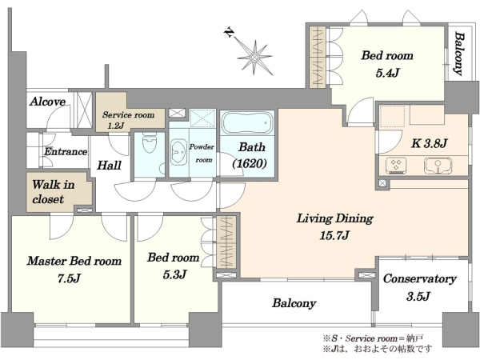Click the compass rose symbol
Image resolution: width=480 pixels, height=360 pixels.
point(254,58)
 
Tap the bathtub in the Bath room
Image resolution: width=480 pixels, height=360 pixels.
point(247,122)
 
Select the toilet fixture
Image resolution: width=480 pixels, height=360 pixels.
point(150,143)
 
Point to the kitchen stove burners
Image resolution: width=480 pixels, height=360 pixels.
point(396,165)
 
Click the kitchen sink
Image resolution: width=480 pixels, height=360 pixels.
point(438,166)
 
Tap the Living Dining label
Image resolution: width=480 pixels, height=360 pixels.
point(335,218)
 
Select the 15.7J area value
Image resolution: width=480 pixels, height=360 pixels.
point(334,235)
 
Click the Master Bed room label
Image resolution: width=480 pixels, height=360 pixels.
point(74,261)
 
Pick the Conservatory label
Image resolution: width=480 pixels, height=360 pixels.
point(420,278)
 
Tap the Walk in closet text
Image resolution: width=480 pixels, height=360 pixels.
point(54,192)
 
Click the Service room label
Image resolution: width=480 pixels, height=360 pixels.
point(128,114)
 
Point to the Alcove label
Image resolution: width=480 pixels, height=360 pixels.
point(47,102)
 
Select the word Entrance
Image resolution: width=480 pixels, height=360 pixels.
point(66,151)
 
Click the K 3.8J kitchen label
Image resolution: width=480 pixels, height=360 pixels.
point(429,143)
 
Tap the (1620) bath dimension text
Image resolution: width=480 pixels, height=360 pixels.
point(250,164)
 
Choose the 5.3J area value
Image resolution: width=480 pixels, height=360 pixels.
point(174,274)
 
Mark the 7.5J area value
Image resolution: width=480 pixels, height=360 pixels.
point(69,278)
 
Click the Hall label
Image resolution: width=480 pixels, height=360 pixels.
point(109,166)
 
